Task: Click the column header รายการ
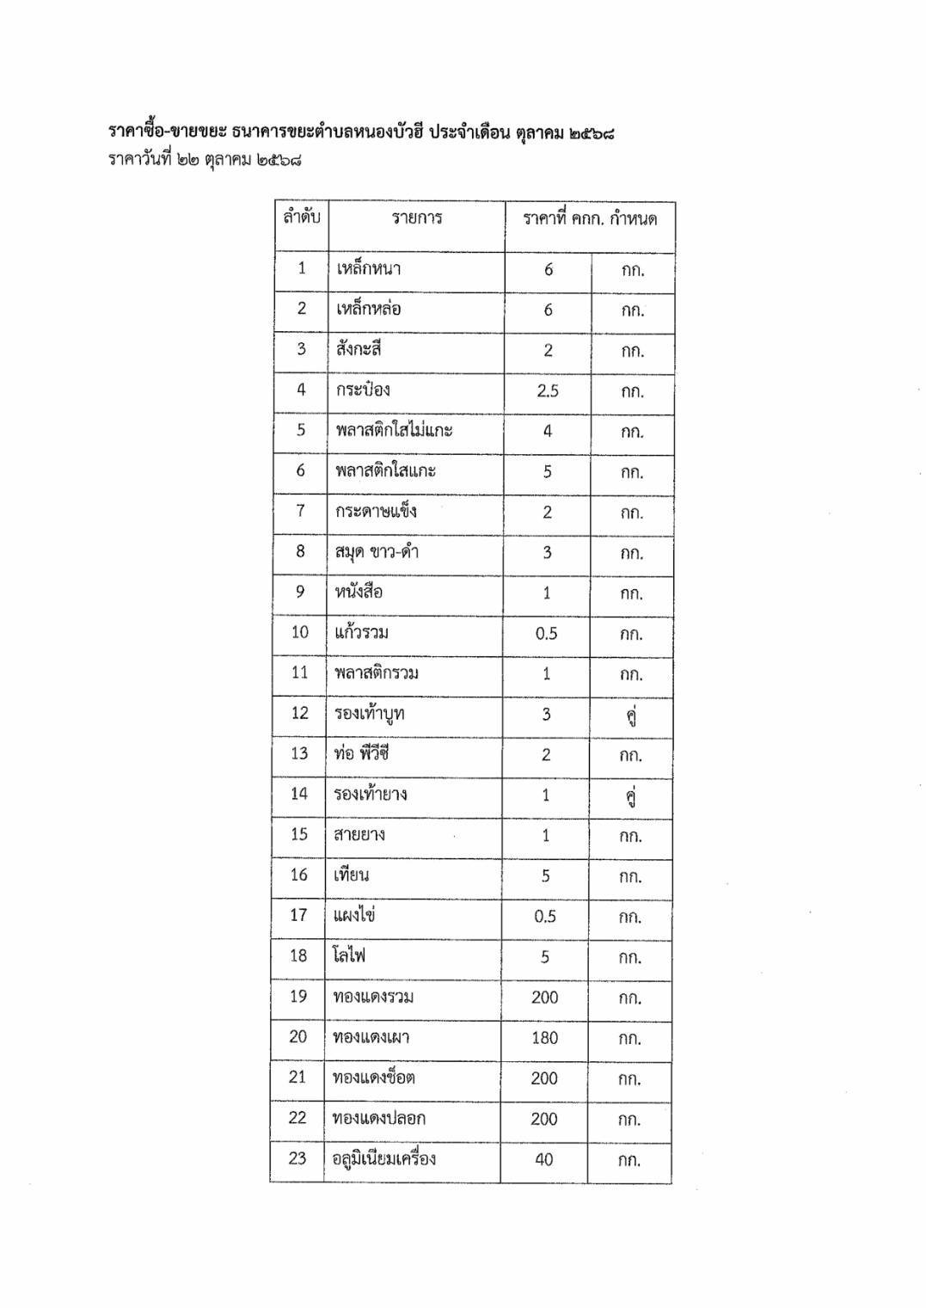click(x=417, y=218)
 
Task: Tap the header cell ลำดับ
click(x=301, y=218)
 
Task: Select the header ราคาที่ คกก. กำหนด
click(x=590, y=219)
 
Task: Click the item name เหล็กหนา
click(x=368, y=269)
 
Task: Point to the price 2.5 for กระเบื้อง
click(x=548, y=391)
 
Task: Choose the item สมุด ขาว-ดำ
click(x=377, y=552)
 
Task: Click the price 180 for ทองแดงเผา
click(x=544, y=1038)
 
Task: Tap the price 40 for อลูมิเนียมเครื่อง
click(x=544, y=1160)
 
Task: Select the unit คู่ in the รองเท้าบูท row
click(x=631, y=716)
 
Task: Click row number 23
click(x=297, y=1159)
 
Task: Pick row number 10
click(x=299, y=633)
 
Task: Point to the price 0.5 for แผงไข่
click(x=545, y=917)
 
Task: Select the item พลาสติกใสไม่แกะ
click(x=394, y=431)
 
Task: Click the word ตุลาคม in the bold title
click(x=538, y=133)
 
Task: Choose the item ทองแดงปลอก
click(x=378, y=1119)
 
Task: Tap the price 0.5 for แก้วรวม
click(x=546, y=634)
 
